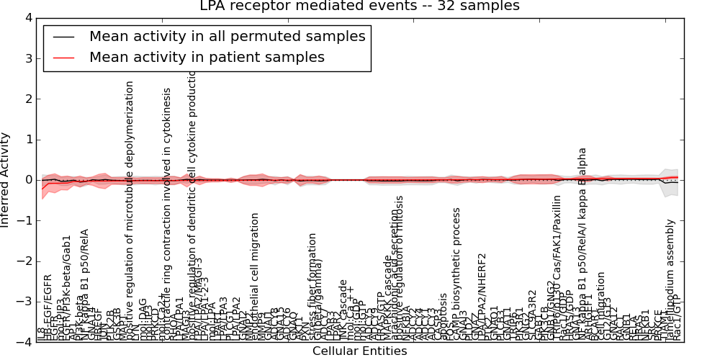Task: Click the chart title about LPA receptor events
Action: tap(360, 6)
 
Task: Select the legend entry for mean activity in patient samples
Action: tap(207, 58)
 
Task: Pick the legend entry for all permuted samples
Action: tap(227, 37)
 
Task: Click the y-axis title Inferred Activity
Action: tap(6, 180)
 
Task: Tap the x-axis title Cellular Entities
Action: tap(359, 351)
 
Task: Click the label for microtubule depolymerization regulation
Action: tap(130, 209)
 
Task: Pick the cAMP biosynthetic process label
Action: tap(456, 274)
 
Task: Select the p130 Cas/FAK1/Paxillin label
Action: tap(557, 266)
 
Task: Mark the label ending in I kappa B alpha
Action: tap(582, 245)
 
